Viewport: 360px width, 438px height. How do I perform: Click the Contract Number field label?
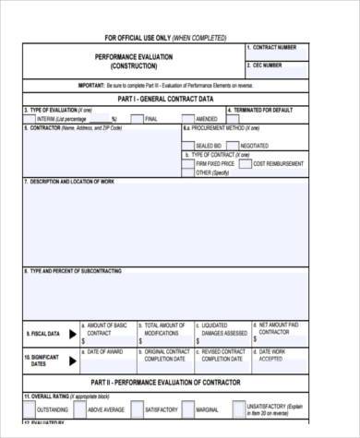[274, 47]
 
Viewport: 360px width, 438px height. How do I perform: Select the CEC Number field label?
[268, 65]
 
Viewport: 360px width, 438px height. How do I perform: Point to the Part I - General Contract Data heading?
[166, 98]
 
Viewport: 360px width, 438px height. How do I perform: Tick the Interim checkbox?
[30, 118]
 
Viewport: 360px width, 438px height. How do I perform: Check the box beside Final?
[138, 118]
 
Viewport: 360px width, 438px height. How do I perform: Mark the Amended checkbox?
[188, 118]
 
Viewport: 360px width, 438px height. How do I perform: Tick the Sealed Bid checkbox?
[188, 145]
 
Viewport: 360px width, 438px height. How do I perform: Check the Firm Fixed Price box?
[188, 163]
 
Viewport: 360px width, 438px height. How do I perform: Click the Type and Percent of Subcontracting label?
[74, 271]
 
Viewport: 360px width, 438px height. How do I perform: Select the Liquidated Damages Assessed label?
[223, 329]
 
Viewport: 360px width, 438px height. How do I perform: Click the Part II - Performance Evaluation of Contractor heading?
[166, 382]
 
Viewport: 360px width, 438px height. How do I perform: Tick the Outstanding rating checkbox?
[30, 409]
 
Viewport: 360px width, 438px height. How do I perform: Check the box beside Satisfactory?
[138, 409]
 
